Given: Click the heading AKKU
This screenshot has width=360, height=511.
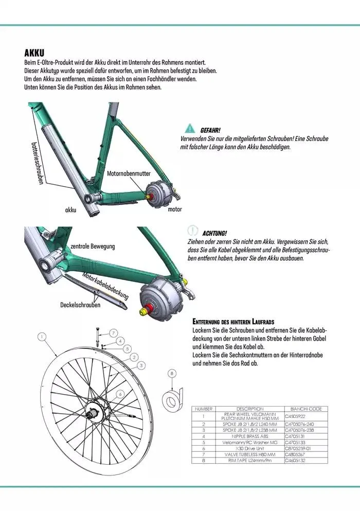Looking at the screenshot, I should [34, 53].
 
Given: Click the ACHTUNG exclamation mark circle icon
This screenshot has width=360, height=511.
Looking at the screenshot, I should [193, 231].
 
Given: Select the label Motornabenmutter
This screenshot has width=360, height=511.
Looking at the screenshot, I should [129, 173].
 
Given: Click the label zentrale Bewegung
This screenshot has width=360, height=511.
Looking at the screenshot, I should [93, 246].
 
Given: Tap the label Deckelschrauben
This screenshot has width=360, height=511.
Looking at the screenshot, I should [80, 305].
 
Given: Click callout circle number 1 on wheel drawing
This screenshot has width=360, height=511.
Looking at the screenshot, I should [42, 337].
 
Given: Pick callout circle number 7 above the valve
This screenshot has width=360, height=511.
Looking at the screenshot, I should [113, 332].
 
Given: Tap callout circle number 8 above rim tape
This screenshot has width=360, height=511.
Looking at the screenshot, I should [172, 373].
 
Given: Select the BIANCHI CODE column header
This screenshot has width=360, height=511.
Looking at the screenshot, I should [306, 409].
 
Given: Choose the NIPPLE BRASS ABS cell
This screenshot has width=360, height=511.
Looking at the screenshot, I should [250, 436].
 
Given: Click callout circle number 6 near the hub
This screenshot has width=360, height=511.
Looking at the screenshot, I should [119, 394].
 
